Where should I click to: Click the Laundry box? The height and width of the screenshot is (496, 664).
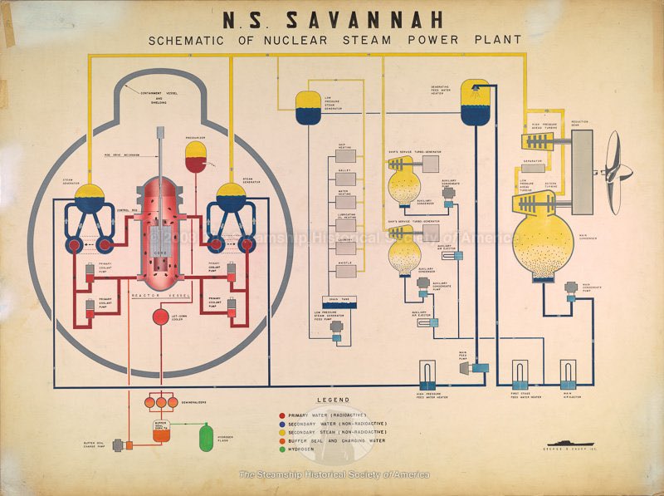tap(348, 246)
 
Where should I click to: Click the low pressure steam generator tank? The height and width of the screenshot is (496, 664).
tap(309, 108)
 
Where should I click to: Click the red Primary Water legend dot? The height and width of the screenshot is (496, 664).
tap(283, 414)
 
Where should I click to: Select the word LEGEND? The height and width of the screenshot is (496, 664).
tap(333, 400)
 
